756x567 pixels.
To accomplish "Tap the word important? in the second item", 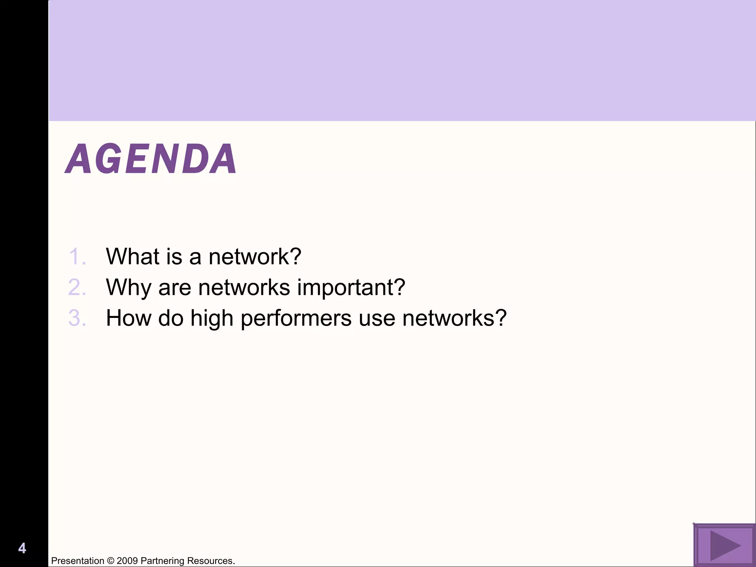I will click(351, 288).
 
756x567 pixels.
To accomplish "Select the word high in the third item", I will click(212, 319).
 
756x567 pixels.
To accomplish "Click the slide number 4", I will click(22, 548).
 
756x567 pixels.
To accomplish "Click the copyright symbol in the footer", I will click(110, 561).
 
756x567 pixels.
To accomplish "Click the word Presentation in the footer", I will click(78, 561).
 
